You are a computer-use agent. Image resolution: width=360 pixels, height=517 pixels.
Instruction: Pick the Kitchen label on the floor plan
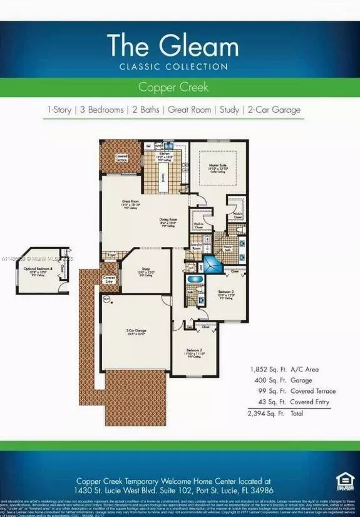(x=165, y=154)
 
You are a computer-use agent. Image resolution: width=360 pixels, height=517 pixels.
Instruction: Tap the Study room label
(x=145, y=271)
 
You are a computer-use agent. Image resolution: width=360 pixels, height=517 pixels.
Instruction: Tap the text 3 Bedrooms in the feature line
(x=101, y=110)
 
